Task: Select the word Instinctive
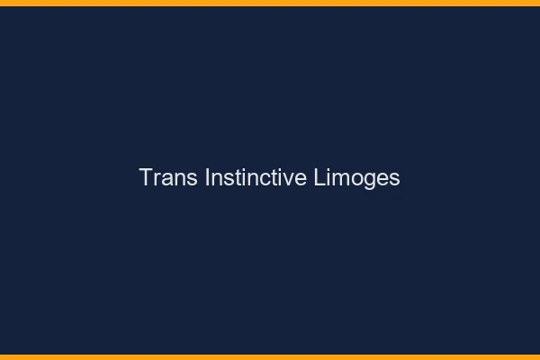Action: point(256,177)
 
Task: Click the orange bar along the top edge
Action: point(270,3)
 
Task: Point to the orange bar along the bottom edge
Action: point(270,356)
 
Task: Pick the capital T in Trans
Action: point(145,177)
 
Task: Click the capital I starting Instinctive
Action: point(207,177)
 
